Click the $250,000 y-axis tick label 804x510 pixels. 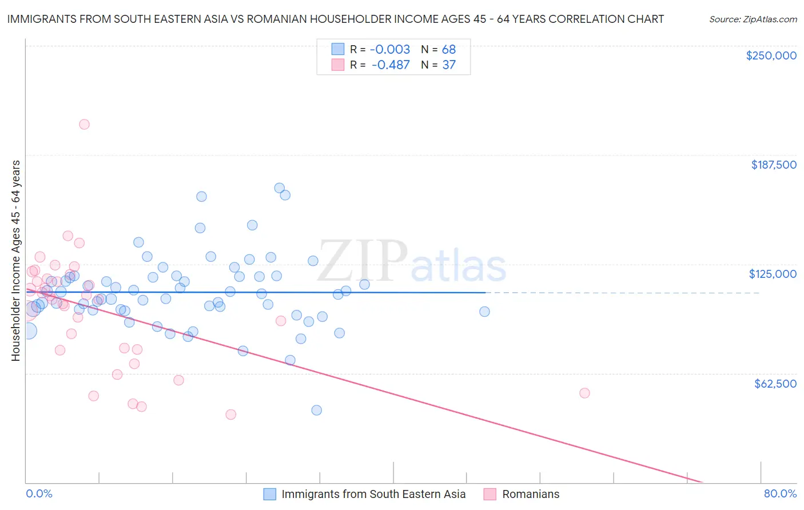tap(771, 55)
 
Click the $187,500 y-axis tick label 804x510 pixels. tap(773, 165)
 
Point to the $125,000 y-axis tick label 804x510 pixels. tap(773, 274)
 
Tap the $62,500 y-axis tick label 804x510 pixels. tap(775, 384)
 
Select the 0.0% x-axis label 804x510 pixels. tap(39, 493)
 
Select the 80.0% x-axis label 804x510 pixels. tap(780, 493)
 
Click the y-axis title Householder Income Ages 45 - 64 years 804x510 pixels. tap(15, 261)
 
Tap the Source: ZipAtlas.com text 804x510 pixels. tap(753, 19)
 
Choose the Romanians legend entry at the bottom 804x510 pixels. tap(530, 494)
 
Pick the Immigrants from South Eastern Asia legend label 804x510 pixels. tap(373, 494)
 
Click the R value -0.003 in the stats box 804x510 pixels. tap(391, 49)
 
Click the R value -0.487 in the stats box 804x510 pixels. tap(391, 65)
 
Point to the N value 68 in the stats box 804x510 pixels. tap(448, 49)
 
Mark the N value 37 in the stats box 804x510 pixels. tap(448, 65)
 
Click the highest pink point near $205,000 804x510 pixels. tap(84, 124)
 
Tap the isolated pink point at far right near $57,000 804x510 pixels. tap(584, 393)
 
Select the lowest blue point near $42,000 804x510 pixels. tap(316, 410)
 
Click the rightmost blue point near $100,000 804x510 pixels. tap(484, 312)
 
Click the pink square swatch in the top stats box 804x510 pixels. tap(338, 65)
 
